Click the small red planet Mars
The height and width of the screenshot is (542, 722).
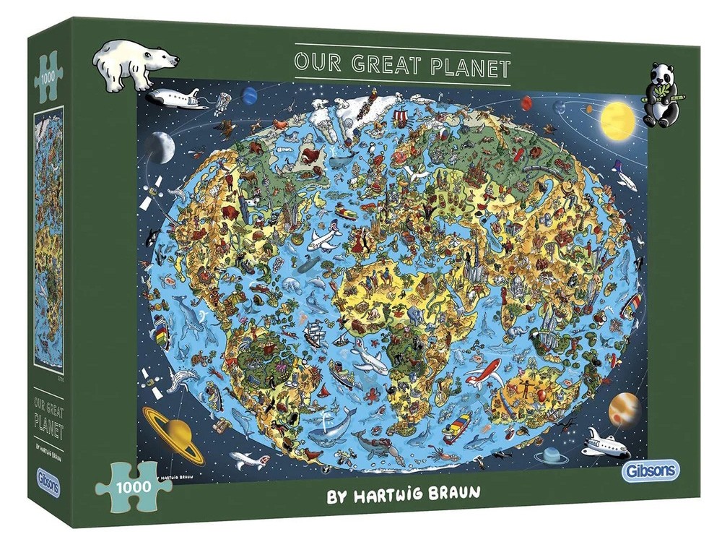pos(251,95)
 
